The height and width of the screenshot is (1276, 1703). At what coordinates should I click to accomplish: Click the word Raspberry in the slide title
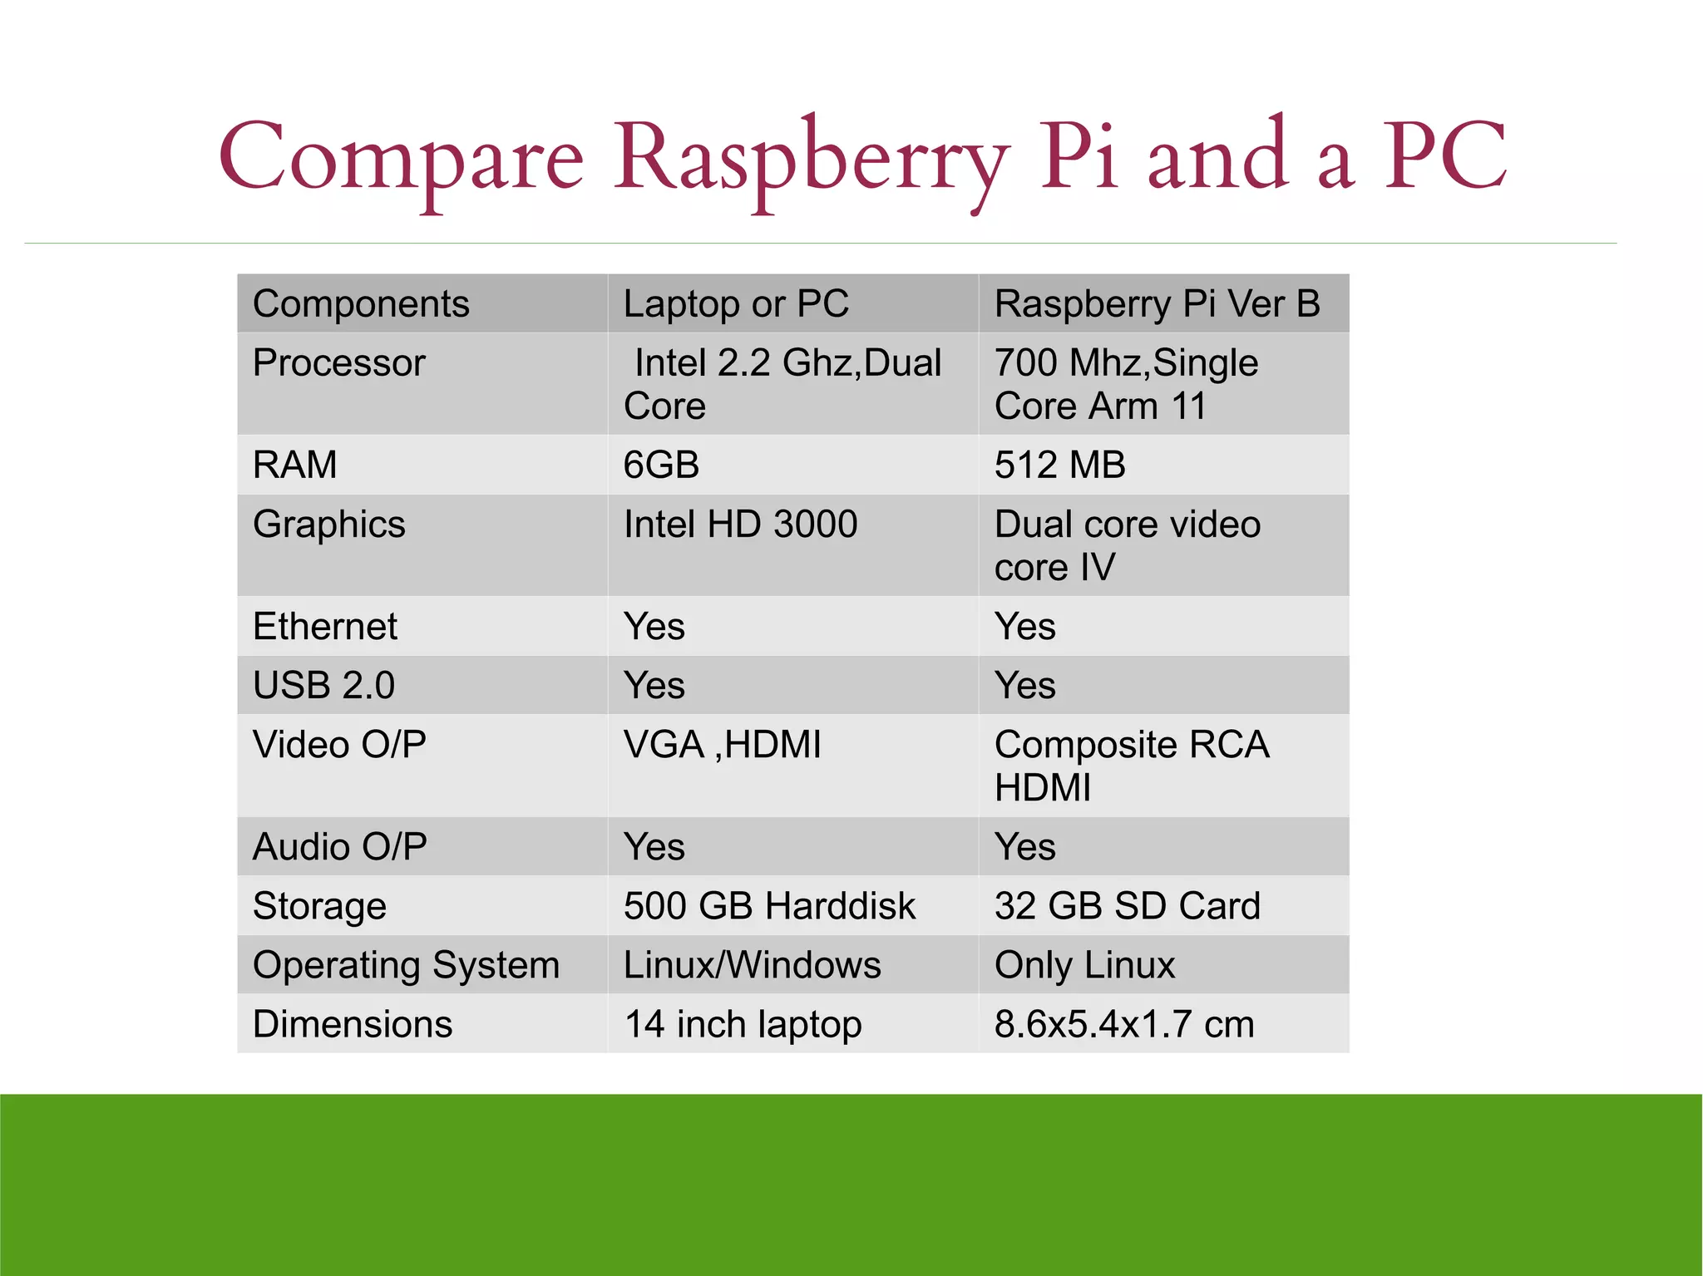[x=811, y=158]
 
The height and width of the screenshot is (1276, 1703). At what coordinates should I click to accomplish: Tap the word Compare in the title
[x=401, y=158]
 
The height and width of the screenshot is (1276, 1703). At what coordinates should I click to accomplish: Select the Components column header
[x=361, y=303]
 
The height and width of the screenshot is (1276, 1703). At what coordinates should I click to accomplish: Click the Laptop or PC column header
[x=736, y=303]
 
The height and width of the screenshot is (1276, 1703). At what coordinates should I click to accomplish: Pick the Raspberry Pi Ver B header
[x=1157, y=303]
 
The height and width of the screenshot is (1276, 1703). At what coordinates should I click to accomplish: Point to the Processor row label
[x=339, y=363]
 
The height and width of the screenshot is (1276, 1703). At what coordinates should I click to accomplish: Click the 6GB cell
[x=661, y=465]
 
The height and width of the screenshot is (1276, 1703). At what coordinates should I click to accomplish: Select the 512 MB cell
[x=1059, y=465]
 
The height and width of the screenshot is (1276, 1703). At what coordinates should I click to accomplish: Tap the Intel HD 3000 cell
[x=740, y=525]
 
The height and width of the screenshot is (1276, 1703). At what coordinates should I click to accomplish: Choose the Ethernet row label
[x=325, y=626]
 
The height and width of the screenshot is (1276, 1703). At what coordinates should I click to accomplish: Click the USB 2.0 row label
[x=323, y=686]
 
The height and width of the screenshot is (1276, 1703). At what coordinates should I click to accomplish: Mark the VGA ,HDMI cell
[x=722, y=745]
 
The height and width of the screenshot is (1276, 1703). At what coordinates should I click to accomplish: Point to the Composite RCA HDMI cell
[x=1131, y=766]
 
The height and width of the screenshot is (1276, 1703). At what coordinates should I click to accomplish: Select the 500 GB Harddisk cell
[x=769, y=906]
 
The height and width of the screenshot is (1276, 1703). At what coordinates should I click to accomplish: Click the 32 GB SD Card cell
[x=1127, y=906]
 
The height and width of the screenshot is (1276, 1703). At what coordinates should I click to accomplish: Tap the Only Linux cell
[x=1084, y=965]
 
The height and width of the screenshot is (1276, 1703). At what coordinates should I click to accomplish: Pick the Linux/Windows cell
[x=752, y=965]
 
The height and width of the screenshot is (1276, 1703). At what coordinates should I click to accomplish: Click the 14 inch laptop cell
[x=743, y=1024]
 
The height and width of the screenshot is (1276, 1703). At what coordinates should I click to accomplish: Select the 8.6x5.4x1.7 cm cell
[x=1123, y=1024]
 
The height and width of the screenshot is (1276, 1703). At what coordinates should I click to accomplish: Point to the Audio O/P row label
[x=339, y=847]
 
